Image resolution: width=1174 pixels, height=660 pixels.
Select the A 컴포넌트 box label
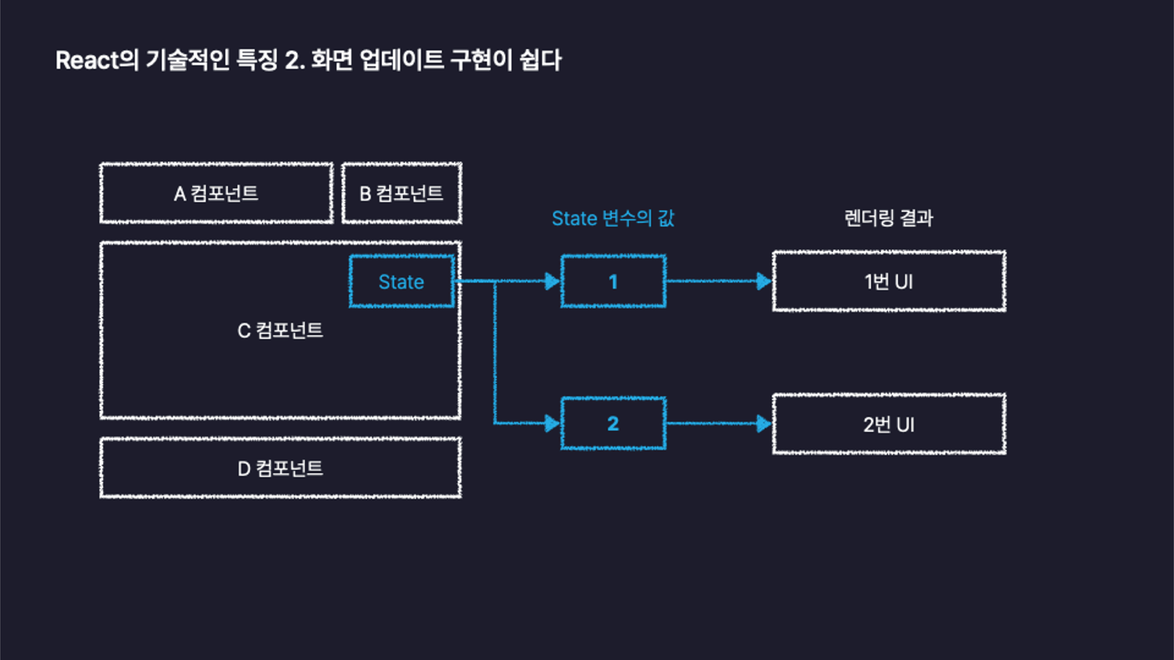point(216,194)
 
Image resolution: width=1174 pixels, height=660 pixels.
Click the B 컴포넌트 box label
point(401,194)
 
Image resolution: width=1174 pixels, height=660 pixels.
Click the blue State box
point(401,281)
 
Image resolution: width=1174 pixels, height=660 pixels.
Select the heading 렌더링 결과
point(889,218)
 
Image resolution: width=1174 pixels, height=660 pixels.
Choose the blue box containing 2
point(613,424)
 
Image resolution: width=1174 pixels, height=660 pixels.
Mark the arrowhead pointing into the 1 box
point(552,281)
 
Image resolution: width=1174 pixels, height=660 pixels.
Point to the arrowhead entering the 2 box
point(552,424)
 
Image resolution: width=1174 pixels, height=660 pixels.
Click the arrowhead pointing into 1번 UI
point(763,281)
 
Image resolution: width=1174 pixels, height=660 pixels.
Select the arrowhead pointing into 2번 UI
point(763,424)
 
